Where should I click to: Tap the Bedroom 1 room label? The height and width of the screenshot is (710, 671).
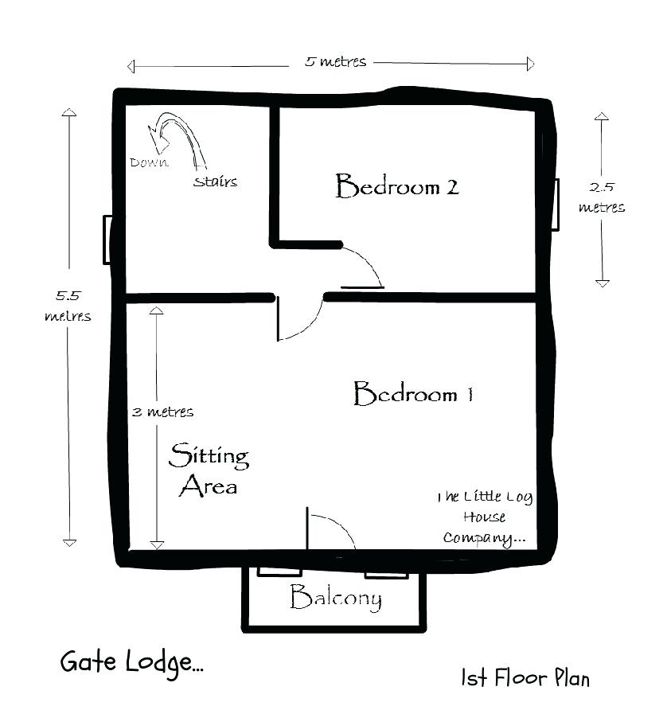[x=413, y=394]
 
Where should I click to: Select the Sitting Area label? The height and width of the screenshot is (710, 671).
[x=209, y=470]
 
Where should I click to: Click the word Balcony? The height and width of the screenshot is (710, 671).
[x=335, y=598]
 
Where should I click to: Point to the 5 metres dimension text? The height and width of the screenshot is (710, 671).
[x=335, y=62]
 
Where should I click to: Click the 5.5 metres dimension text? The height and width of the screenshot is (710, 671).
[x=67, y=306]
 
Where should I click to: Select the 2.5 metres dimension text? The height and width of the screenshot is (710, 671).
[x=601, y=197]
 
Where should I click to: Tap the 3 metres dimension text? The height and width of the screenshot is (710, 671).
[x=162, y=412]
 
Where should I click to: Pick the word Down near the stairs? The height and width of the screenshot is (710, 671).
[x=149, y=162]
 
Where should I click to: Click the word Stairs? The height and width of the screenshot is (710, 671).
[x=215, y=181]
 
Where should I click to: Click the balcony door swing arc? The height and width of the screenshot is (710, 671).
[x=333, y=529]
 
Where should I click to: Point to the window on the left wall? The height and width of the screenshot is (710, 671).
[x=107, y=240]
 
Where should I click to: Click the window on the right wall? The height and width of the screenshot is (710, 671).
[x=555, y=205]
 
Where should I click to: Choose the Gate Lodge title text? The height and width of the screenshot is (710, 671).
[x=131, y=662]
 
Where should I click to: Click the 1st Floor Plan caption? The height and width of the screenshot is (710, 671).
[x=525, y=677]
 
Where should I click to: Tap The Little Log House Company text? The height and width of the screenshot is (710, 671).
[x=484, y=517]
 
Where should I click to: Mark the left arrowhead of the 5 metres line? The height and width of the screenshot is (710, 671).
[x=131, y=65]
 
